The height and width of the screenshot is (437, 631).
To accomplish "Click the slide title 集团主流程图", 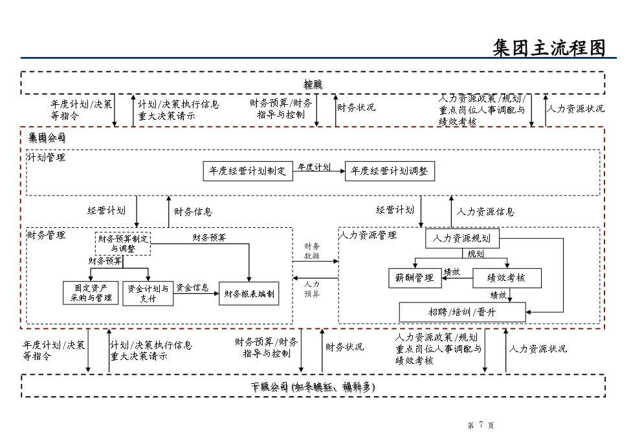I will coord(549,48).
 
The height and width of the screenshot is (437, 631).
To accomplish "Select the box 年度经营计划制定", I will coord(248,172).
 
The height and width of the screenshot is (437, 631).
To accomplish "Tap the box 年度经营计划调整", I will coord(390,172).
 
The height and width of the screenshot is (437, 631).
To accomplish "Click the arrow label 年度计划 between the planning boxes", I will coord(315,167).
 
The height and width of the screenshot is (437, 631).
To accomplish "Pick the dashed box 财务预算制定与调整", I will coord(123,243).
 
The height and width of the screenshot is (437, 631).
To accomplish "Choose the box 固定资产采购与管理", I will coord(91,293).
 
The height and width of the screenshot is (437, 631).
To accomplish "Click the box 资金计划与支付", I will coord(148,293).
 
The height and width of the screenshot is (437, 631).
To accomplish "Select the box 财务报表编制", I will coord(249,293).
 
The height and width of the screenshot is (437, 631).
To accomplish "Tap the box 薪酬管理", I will coord(415,278).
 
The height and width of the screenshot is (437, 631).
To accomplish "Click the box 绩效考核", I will coord(507,278).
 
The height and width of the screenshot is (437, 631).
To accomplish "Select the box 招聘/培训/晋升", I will coord(462,312).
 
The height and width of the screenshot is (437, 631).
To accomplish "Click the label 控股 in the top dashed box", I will coord(313,84).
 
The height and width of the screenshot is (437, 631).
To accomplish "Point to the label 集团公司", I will coord(47,138).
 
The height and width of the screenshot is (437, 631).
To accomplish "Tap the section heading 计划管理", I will coord(47,157).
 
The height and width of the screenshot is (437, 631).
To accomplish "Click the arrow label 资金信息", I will coord(192,287).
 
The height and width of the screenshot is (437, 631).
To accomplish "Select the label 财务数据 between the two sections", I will coord(312,251).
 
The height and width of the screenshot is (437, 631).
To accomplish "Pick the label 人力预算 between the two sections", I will coord(312,289).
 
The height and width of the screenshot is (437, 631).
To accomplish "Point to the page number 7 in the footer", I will coord(481,425).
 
